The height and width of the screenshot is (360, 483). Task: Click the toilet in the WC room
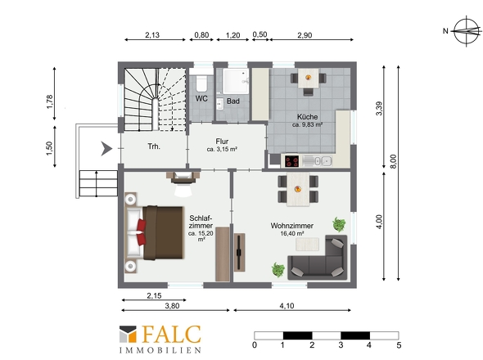201,82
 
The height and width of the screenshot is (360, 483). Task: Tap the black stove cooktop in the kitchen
291,161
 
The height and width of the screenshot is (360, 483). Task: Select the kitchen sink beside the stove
317,161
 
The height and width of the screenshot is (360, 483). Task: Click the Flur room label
222,142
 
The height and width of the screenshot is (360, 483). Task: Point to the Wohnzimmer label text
291,226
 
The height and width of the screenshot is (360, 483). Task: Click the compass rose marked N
467,31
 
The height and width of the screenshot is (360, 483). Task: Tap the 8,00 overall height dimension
394,161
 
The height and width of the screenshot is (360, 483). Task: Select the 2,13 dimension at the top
152,35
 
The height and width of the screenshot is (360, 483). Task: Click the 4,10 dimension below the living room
287,306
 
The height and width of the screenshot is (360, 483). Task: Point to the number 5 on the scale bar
399,345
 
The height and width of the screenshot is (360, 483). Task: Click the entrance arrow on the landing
106,149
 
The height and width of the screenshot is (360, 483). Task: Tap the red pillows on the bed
141,232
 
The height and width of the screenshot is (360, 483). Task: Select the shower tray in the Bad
235,81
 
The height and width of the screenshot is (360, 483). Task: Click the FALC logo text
172,335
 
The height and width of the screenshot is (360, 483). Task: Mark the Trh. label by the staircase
154,146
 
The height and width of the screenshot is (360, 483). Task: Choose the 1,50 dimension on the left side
49,148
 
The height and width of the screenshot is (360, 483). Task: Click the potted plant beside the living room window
339,224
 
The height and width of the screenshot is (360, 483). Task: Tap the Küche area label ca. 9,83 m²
307,124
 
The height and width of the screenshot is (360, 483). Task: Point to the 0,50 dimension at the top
260,34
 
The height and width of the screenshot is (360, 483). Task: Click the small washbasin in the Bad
219,104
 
